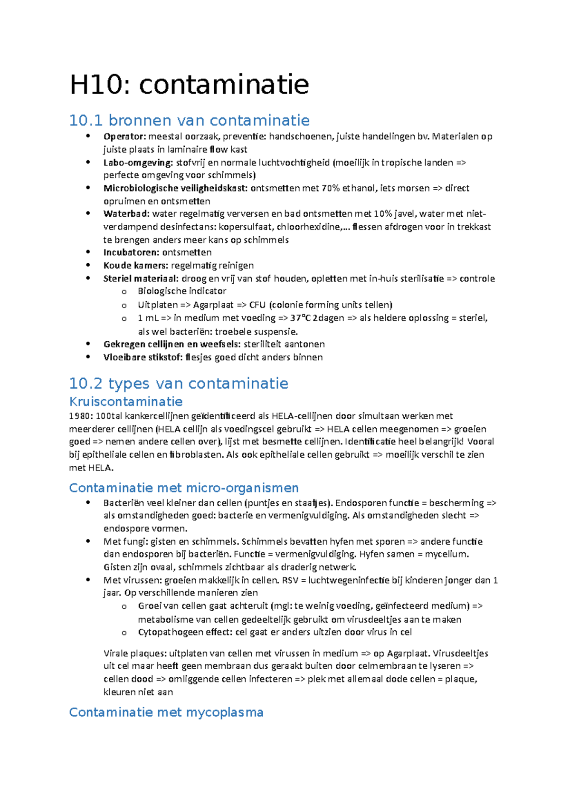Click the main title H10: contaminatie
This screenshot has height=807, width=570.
click(x=189, y=85)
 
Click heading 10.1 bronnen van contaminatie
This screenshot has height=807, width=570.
click(x=189, y=120)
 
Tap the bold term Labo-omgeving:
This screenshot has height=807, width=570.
click(x=138, y=163)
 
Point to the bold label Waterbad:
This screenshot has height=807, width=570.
click(x=126, y=214)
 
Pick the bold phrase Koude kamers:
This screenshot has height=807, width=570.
click(x=135, y=265)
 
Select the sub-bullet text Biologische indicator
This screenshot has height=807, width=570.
click(x=182, y=291)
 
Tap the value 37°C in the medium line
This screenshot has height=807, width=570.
click(x=301, y=318)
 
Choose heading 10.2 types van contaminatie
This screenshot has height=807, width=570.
click(x=179, y=383)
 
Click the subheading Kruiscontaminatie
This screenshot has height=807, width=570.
click(x=126, y=402)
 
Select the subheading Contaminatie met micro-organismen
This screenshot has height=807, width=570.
click(x=184, y=488)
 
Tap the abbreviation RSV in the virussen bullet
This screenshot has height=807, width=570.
click(x=291, y=580)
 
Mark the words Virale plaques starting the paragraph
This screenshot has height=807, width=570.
click(x=134, y=653)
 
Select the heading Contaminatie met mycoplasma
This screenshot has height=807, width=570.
click(x=166, y=712)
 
